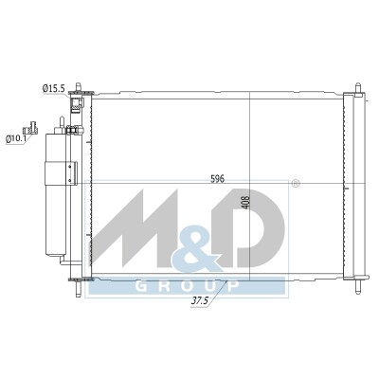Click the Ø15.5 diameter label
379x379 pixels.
tap(53, 89)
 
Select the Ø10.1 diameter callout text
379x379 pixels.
tap(17, 138)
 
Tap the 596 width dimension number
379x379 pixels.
tap(217, 179)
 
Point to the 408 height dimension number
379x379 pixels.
tap(245, 203)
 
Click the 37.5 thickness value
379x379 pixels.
tap(200, 300)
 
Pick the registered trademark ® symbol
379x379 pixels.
tap(295, 184)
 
